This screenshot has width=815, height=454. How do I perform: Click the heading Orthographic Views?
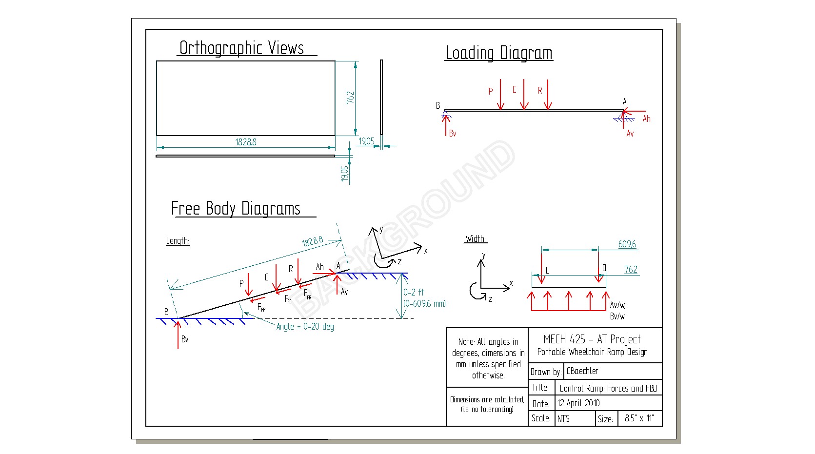click(x=241, y=48)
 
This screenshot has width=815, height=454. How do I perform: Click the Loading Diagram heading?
click(x=498, y=53)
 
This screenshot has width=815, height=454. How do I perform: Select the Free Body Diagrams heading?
click(x=236, y=209)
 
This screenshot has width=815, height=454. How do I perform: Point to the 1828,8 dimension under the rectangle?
click(x=246, y=142)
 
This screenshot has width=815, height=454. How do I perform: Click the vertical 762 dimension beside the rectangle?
click(x=350, y=97)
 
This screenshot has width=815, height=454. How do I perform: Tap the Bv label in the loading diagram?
click(x=453, y=133)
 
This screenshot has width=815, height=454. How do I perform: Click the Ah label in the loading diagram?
click(x=646, y=119)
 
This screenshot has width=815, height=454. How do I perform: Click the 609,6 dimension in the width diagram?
click(x=627, y=244)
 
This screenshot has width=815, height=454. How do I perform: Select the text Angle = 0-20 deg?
click(x=305, y=327)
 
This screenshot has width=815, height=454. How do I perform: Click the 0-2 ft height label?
click(x=414, y=292)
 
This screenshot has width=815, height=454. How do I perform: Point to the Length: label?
click(x=178, y=241)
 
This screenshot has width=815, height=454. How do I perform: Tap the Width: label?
click(x=476, y=239)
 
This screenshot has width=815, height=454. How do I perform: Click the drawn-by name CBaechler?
click(x=582, y=371)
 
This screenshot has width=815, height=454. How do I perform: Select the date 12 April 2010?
click(x=578, y=403)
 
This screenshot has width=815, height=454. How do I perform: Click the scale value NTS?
click(x=563, y=418)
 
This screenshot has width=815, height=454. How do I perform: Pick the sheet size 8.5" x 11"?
click(x=639, y=418)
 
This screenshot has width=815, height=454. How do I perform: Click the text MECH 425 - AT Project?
click(x=592, y=339)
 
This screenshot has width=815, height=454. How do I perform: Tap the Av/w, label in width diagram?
click(x=617, y=305)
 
